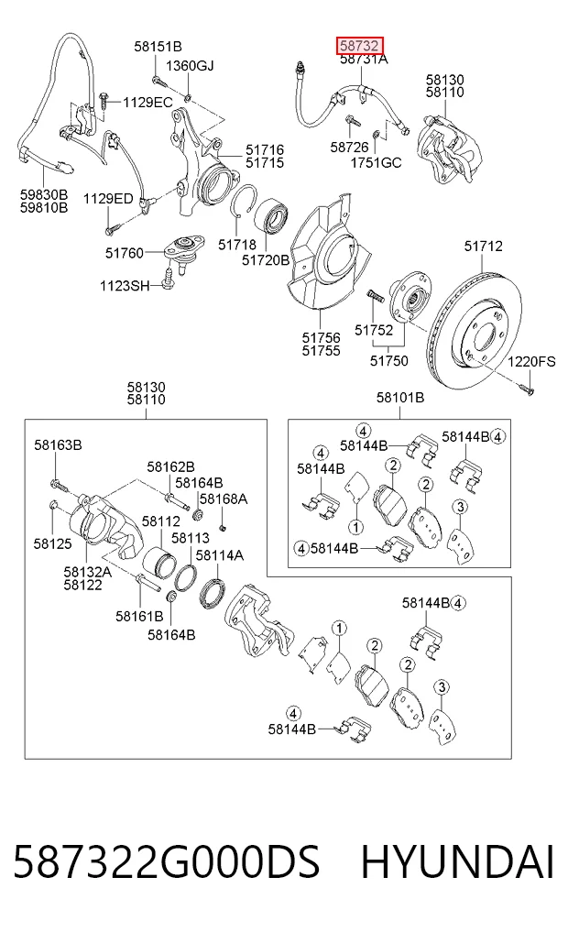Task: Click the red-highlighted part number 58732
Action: [359, 45]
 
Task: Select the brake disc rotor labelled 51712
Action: [475, 331]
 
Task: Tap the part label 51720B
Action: [266, 259]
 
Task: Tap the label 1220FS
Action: [531, 361]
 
